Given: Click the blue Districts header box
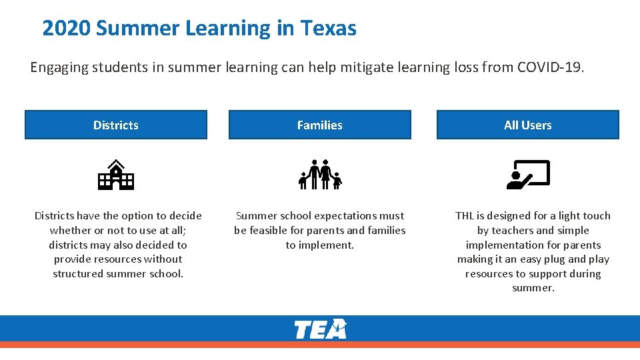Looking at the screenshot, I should tap(116, 125).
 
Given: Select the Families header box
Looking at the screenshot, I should tap(320, 125).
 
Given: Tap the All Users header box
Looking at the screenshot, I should tap(528, 125).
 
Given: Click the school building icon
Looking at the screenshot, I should tap(116, 175).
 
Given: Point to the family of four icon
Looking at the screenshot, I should tap(320, 175).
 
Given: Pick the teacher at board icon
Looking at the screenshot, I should tap(528, 175).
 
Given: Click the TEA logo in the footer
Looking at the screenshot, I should tap(321, 329).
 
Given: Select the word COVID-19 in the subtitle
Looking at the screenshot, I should tap(551, 67).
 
